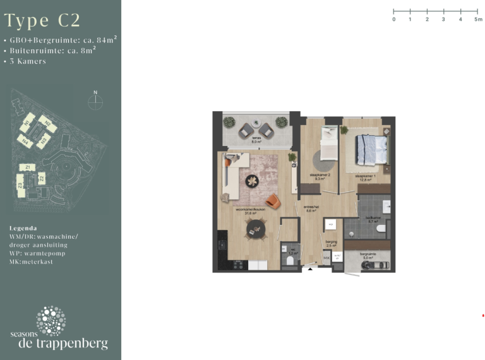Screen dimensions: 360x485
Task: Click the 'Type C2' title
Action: tap(42, 20)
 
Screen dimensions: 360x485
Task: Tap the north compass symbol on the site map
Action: tap(95, 102)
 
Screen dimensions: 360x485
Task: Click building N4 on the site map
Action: tap(27, 141)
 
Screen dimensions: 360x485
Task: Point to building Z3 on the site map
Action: tap(20, 185)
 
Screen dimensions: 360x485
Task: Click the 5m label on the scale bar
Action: tap(478, 20)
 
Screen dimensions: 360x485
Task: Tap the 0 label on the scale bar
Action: tap(393, 20)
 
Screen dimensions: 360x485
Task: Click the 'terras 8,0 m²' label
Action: tap(257, 140)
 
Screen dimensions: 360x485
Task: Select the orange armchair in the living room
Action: tap(273, 200)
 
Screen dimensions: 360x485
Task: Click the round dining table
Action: tap(256, 231)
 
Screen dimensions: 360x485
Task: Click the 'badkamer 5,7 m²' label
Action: tap(373, 220)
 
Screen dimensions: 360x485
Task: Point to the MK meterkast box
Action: tap(326, 258)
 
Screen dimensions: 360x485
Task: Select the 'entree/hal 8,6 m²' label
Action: tap(310, 208)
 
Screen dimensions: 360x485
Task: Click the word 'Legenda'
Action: tap(23, 227)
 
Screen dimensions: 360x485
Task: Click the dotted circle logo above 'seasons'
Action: tap(51, 320)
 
